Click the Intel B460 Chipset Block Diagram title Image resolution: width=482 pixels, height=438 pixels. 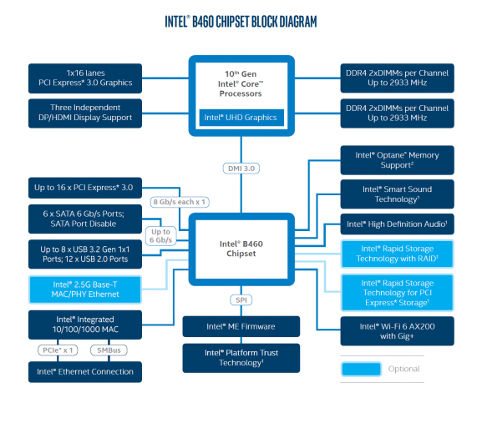(x=241, y=19)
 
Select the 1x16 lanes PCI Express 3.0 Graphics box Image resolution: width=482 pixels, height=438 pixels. (x=81, y=78)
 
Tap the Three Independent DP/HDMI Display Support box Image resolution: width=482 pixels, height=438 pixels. (x=81, y=112)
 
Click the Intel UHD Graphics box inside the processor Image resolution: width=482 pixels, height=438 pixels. (x=241, y=118)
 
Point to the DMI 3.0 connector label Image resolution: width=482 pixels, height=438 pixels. (x=241, y=169)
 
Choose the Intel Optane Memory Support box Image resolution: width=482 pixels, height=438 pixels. (x=397, y=160)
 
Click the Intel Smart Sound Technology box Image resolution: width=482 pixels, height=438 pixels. (x=397, y=194)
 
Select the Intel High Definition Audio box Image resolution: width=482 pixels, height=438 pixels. (x=397, y=224)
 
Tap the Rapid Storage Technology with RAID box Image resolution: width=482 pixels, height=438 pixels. (x=398, y=254)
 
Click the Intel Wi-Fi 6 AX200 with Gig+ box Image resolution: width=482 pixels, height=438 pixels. (x=397, y=329)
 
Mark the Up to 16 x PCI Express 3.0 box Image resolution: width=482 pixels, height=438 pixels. (x=81, y=185)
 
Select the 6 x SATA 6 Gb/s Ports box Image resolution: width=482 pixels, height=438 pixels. (x=81, y=217)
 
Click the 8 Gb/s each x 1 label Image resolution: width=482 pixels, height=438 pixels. (x=178, y=202)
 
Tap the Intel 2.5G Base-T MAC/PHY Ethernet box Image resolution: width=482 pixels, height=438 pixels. (x=81, y=289)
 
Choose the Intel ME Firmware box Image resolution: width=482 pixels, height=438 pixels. (x=241, y=326)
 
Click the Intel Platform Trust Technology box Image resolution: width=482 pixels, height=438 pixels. (x=241, y=357)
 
